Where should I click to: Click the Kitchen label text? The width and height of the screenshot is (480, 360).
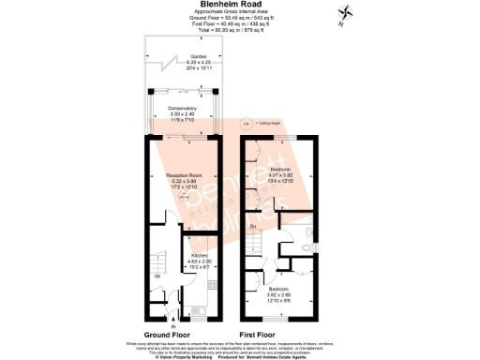coord(200,254)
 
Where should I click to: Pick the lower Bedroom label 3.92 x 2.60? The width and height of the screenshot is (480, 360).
coord(279,289)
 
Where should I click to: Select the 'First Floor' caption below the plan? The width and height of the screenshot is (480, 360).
coord(263,334)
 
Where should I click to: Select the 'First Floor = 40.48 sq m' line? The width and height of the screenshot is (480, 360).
coord(240,23)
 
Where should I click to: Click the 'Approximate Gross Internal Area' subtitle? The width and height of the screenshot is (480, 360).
coord(240,11)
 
